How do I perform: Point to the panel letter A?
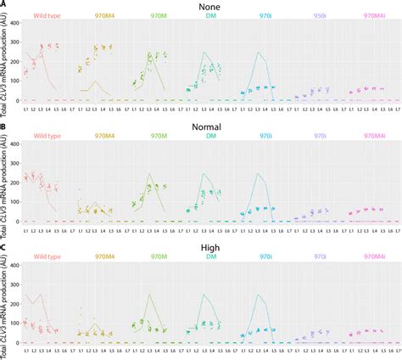point(3,4)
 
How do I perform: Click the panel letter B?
point(3,126)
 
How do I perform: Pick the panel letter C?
point(3,247)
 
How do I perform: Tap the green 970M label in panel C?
point(158,256)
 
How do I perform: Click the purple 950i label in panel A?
point(319,15)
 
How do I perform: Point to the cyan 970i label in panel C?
point(265,256)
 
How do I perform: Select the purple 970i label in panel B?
point(319,136)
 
